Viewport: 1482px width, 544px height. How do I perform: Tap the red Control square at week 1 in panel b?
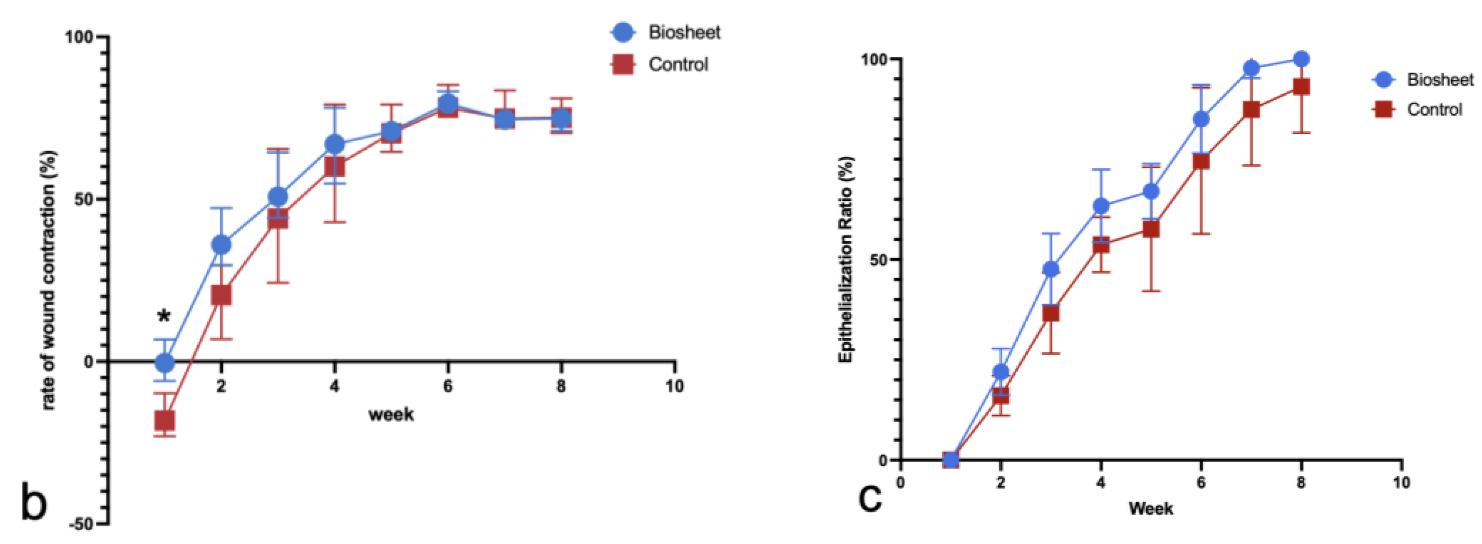tap(165, 420)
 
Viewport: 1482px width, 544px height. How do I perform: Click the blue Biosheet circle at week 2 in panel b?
tap(221, 245)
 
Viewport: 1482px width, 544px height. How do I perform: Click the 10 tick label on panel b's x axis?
tap(674, 386)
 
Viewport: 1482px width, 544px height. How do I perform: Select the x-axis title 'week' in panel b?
tap(391, 414)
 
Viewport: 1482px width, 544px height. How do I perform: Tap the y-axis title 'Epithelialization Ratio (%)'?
tap(845, 259)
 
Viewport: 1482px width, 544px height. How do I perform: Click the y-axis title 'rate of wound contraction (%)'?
tap(49, 280)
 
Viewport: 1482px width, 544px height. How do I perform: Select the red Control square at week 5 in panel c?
tap(1151, 229)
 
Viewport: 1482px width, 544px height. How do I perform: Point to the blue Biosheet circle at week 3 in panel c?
tap(1050, 269)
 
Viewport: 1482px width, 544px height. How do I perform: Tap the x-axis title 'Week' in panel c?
tap(1151, 508)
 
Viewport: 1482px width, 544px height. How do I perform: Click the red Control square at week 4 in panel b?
tap(334, 167)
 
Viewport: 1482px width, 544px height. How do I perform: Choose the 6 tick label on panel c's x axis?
tap(1201, 482)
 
